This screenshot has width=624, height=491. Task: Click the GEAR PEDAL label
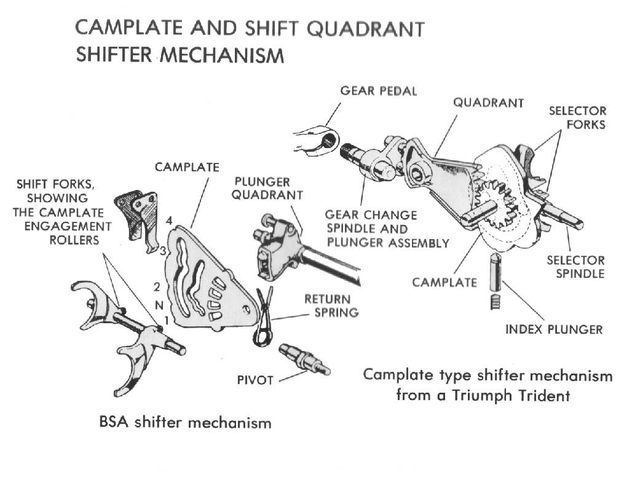[379, 91]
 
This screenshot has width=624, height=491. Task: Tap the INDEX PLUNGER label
[554, 330]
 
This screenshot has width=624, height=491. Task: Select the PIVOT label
[255, 380]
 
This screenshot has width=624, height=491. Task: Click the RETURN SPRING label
[331, 306]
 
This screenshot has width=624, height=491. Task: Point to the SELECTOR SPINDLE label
[576, 267]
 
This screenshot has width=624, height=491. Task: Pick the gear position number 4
[169, 221]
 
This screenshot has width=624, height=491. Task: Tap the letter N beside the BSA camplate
[159, 305]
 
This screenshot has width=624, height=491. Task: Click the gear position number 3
[163, 251]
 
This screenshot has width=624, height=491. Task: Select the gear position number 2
[157, 287]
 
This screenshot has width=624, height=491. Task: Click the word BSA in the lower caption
[114, 422]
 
